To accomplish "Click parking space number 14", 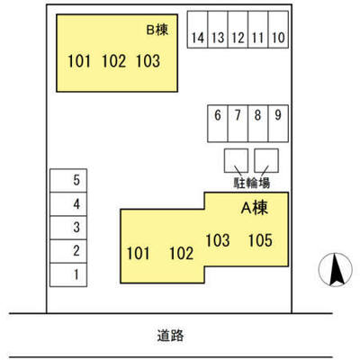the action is click(x=197, y=30).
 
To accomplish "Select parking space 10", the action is click(x=278, y=30).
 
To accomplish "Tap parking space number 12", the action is click(x=238, y=30).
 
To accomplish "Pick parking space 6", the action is click(x=218, y=123).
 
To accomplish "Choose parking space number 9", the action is click(x=278, y=123).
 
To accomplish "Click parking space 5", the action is click(x=68, y=180).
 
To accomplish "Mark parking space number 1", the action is click(x=68, y=274).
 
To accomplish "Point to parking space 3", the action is click(x=68, y=228).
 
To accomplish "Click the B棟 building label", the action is click(x=157, y=30).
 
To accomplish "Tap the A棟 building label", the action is click(x=255, y=208).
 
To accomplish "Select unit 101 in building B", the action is click(x=79, y=61).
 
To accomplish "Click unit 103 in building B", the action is click(x=148, y=61).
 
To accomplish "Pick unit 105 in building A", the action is click(x=260, y=240).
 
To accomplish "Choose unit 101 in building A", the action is click(x=138, y=254).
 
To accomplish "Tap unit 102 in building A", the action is click(x=182, y=254).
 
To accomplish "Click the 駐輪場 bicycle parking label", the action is click(x=252, y=183).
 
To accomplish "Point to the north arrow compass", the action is click(x=336, y=269).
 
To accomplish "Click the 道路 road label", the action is click(x=170, y=335).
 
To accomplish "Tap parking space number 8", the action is click(x=258, y=123).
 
